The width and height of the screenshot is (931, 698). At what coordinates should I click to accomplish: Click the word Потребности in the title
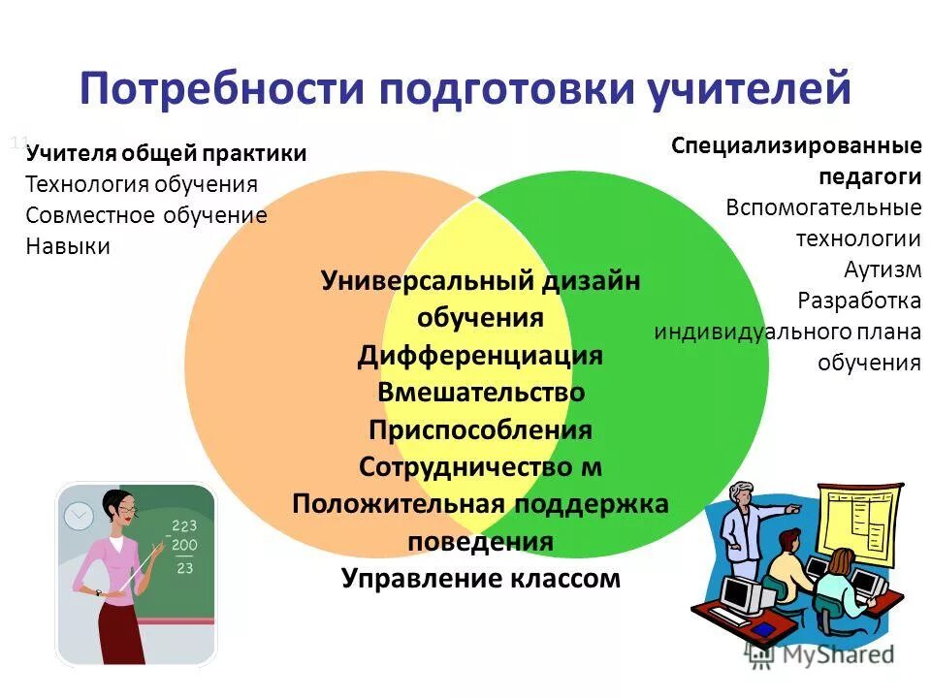pos(222,89)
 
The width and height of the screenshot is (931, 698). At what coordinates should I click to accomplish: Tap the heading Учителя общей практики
pos(166,153)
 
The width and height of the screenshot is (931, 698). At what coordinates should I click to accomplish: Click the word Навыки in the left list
pos(68,246)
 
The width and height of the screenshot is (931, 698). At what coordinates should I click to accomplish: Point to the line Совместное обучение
pos(146,215)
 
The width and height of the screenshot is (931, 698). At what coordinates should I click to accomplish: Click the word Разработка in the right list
pos(858,301)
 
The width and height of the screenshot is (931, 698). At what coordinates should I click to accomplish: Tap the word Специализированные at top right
pos(795,146)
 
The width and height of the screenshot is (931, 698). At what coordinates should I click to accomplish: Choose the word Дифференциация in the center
pos(480,356)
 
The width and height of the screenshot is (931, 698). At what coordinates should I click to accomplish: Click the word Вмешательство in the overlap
pos(480,393)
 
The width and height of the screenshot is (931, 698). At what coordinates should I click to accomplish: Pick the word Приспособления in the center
pos(480,429)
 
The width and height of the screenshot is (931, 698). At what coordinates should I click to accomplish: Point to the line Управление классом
pos(480,579)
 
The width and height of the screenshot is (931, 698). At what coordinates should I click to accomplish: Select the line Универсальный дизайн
pos(480,281)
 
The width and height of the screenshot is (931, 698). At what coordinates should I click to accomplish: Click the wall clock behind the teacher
pos(78,517)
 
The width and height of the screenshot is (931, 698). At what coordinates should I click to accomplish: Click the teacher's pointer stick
pos(145,566)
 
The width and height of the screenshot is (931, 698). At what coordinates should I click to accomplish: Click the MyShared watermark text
pos(840,654)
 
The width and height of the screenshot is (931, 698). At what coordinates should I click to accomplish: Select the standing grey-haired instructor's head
pos(744,494)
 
